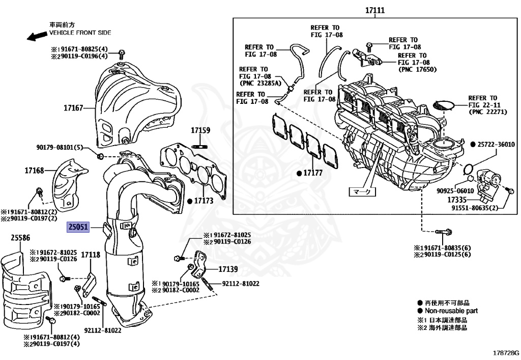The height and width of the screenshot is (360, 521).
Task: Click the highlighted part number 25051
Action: [x=77, y=227]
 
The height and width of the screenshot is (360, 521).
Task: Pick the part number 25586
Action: [x=20, y=237]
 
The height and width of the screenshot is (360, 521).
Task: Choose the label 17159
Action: [x=200, y=131]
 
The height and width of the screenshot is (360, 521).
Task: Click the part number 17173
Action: [x=205, y=201]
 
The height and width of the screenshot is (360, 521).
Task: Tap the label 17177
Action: [x=313, y=173]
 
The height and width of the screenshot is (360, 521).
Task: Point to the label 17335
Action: [x=458, y=200]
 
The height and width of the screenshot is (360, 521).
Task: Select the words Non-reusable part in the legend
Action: [x=451, y=311]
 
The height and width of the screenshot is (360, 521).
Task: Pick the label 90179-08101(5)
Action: [x=59, y=148]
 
